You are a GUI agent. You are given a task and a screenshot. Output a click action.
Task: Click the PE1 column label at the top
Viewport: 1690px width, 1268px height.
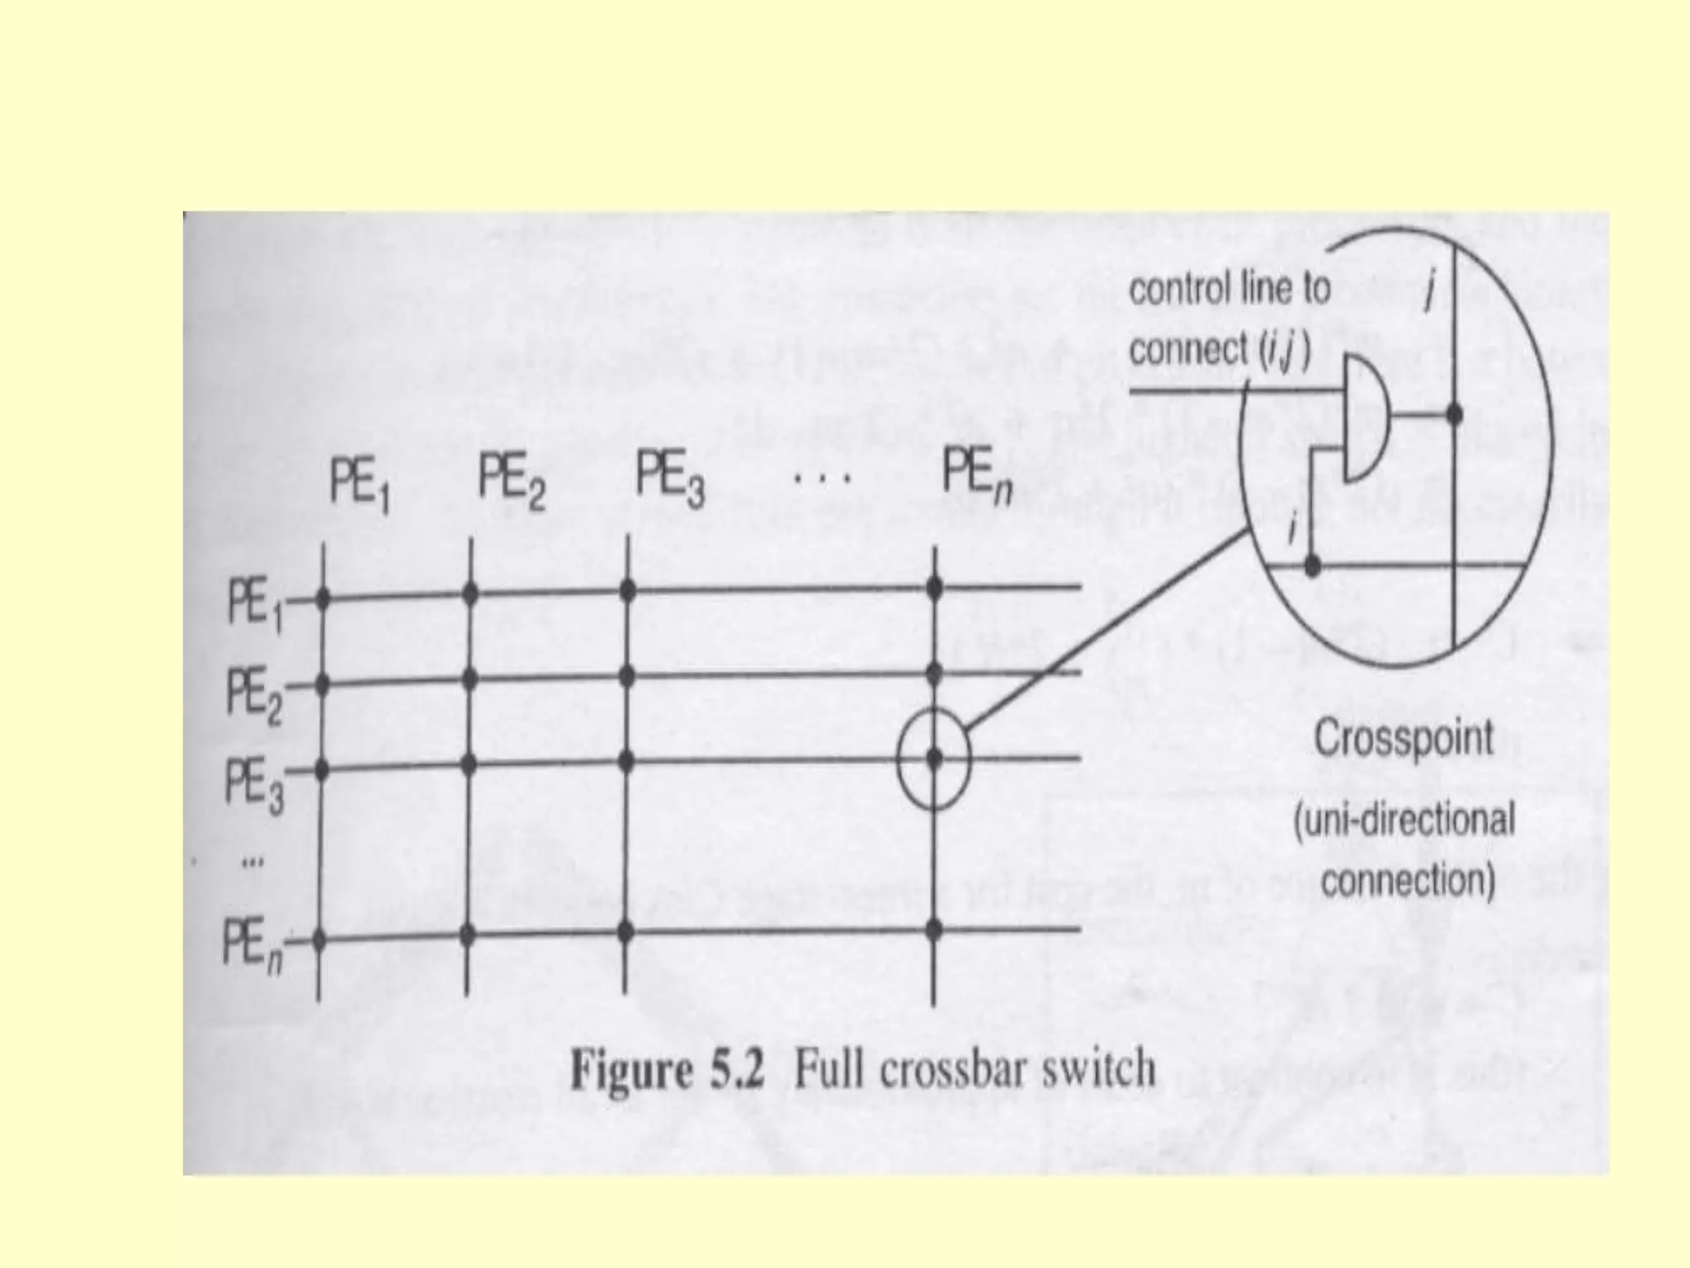(x=360, y=487)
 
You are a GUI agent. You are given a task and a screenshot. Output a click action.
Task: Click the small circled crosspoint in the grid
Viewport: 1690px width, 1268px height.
(x=934, y=758)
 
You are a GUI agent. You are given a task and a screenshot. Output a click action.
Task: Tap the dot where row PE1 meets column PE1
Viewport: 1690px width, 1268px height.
(x=322, y=597)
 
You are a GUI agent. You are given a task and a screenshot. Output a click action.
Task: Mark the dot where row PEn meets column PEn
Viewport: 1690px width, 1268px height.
(x=934, y=930)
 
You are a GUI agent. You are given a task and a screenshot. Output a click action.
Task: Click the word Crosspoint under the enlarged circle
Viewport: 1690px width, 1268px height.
(x=1404, y=737)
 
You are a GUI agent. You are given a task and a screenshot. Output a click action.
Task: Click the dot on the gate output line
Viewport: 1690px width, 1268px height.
(x=1454, y=413)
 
